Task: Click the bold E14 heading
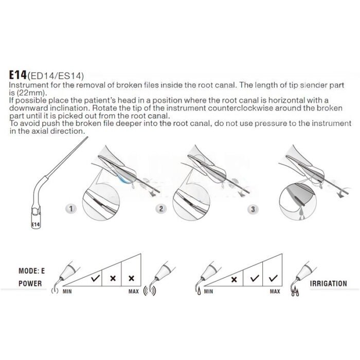pyautogui.click(x=17, y=75)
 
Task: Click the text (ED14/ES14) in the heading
pyautogui.click(x=56, y=76)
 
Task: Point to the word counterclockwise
pyautogui.click(x=241, y=108)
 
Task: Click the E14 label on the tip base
pyautogui.click(x=35, y=225)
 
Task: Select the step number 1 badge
pyautogui.click(x=71, y=209)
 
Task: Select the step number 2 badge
pyautogui.click(x=161, y=209)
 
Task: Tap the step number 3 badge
pyautogui.click(x=253, y=209)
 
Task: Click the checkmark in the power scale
pyautogui.click(x=95, y=278)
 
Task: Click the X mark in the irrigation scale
pyautogui.click(x=234, y=280)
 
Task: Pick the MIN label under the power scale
pyautogui.click(x=67, y=292)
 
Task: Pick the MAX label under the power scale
pyautogui.click(x=133, y=292)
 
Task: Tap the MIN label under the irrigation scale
pyautogui.click(x=208, y=292)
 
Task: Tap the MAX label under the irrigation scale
pyautogui.click(x=275, y=292)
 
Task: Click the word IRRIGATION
pyautogui.click(x=328, y=284)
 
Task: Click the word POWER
pyautogui.click(x=30, y=283)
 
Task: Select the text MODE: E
pyautogui.click(x=32, y=271)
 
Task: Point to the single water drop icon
pyautogui.click(x=199, y=292)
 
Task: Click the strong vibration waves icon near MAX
pyautogui.click(x=150, y=291)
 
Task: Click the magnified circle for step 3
pyautogui.click(x=298, y=202)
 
